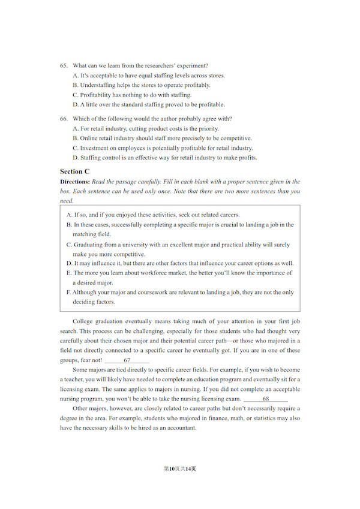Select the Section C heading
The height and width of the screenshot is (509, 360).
tap(75, 171)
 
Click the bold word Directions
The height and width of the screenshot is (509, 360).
tap(74, 182)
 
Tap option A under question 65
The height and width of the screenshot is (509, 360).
tap(75, 76)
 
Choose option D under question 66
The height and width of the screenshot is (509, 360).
tap(75, 158)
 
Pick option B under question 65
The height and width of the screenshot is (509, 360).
tap(75, 85)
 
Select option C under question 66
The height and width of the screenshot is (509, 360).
tap(75, 147)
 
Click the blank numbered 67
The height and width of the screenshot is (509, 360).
tap(127, 360)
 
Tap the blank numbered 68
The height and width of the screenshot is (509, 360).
tap(266, 399)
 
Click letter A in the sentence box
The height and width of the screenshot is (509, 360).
tap(68, 215)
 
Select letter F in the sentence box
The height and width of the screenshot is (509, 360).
tap(68, 293)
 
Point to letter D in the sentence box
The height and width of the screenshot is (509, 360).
tap(68, 263)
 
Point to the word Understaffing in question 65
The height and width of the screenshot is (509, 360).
tap(97, 85)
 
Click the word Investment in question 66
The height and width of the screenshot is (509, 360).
tap(95, 147)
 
